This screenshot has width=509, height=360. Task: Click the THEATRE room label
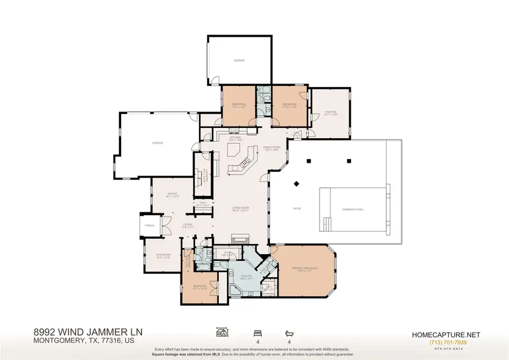tap(331, 112)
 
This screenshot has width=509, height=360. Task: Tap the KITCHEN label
tap(235, 137)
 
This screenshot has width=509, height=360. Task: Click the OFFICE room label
tap(172, 194)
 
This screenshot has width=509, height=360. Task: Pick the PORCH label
tap(150, 225)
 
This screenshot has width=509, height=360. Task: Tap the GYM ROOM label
tap(163, 256)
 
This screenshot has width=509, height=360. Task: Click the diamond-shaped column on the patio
tap(296, 183)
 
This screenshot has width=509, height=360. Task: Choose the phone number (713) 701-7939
tap(448, 342)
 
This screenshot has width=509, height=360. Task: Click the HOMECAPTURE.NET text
tap(448, 335)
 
